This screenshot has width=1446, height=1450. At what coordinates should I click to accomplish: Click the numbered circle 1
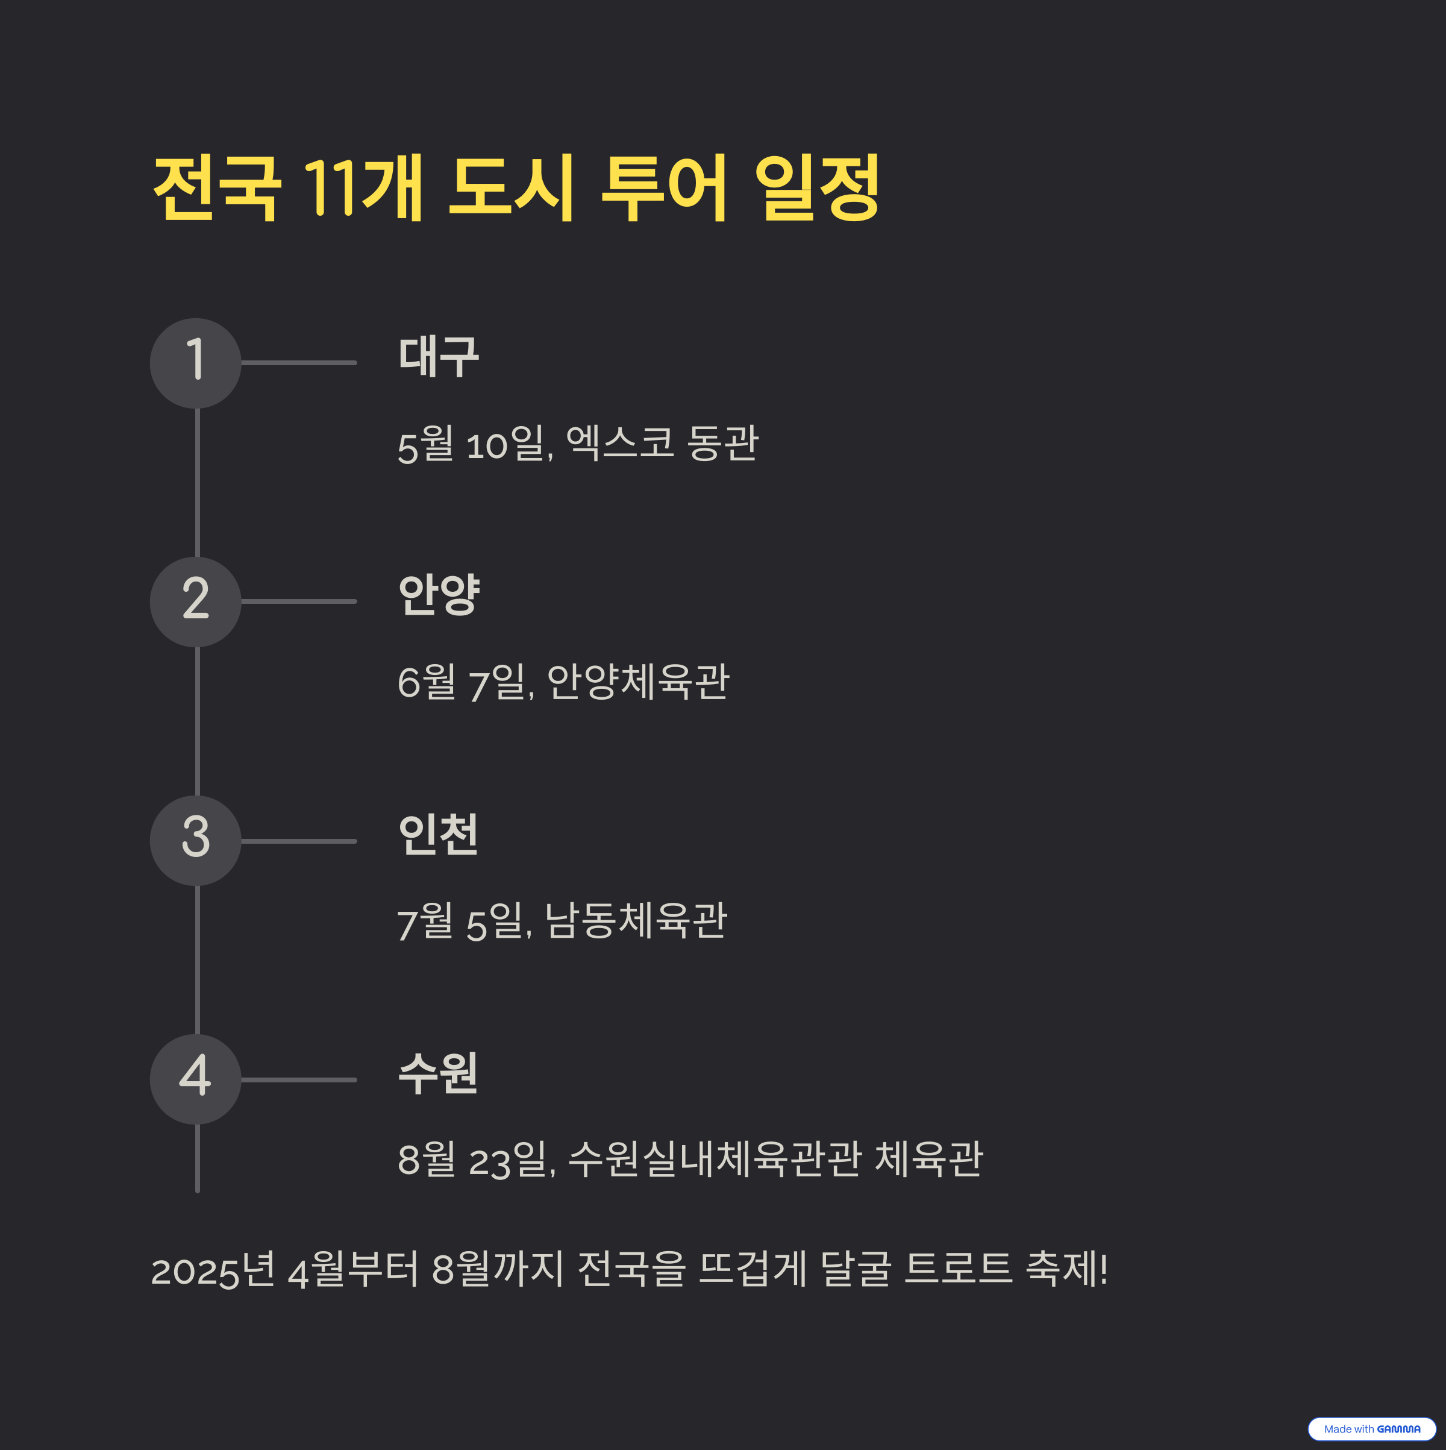click(195, 363)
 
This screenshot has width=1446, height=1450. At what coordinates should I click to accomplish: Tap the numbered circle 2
click(195, 602)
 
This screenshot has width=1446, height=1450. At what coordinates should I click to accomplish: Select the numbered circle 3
click(195, 841)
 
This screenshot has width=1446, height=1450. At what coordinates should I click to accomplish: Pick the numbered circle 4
click(195, 1079)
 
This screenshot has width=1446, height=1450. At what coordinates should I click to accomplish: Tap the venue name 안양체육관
click(638, 682)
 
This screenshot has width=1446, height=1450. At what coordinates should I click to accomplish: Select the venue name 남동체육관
click(636, 921)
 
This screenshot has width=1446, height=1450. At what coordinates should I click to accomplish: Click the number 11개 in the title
click(363, 187)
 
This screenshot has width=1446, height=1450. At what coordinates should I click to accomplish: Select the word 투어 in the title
click(663, 187)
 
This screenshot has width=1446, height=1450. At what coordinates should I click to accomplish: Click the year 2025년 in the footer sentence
click(213, 1270)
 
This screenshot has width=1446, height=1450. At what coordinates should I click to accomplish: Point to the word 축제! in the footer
click(1066, 1269)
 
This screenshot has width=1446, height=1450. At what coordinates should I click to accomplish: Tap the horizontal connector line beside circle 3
click(299, 841)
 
